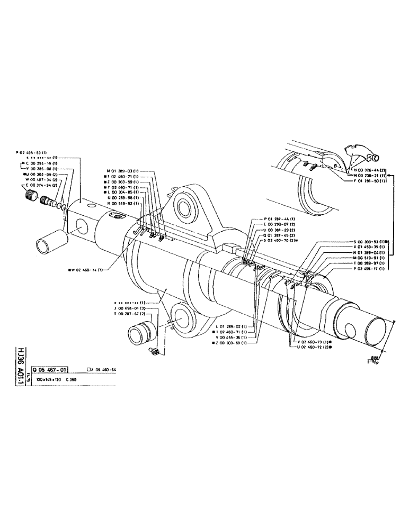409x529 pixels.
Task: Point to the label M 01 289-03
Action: coord(122,171)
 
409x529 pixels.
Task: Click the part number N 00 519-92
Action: coord(122,204)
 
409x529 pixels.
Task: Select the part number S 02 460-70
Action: coord(281,240)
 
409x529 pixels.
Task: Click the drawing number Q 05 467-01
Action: coord(49,369)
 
